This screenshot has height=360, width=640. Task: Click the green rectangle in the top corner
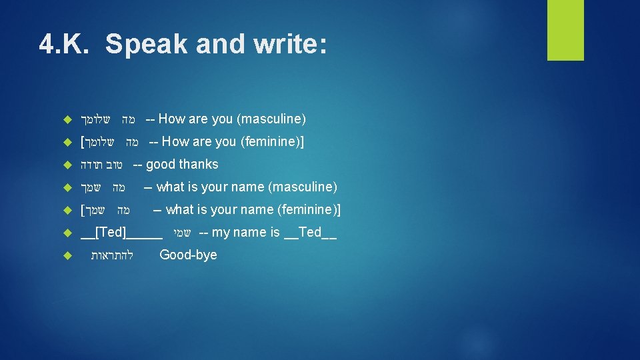[x=565, y=30]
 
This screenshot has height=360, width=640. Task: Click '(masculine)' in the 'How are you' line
[x=271, y=119]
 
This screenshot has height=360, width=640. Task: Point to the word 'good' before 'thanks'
[x=160, y=164]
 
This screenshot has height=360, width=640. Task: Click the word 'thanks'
[x=198, y=164]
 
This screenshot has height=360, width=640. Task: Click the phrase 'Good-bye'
[x=188, y=255]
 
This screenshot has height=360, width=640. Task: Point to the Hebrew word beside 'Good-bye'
[x=112, y=255]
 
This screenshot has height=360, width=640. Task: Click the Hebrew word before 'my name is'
[x=182, y=233]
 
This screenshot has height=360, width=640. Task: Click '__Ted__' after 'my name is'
[x=310, y=232]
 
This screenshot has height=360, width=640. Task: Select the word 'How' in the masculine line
[x=172, y=119]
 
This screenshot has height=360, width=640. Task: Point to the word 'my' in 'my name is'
[x=220, y=232]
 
